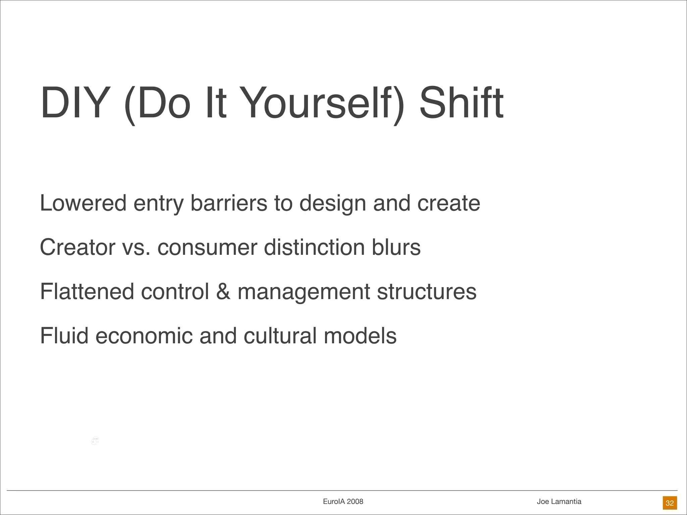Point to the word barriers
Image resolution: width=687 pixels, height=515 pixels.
(228, 203)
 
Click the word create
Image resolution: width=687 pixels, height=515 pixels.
(448, 203)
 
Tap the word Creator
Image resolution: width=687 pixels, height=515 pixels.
(77, 247)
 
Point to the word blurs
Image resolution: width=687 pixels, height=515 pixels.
(396, 247)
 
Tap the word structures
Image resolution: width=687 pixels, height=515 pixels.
(426, 292)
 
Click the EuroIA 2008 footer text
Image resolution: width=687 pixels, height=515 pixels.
(343, 502)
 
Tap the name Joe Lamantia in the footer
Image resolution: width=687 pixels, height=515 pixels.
(559, 502)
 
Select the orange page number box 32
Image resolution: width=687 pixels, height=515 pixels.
(670, 503)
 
